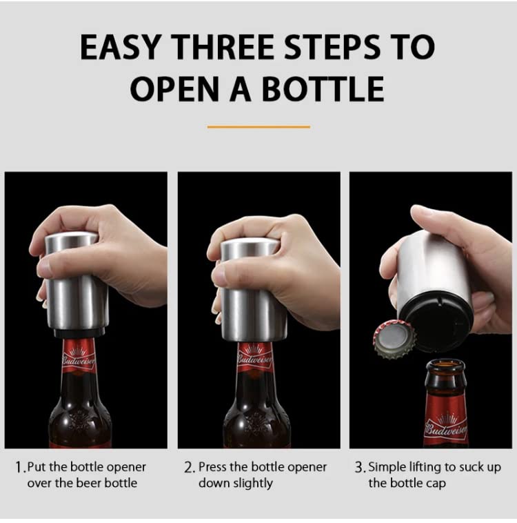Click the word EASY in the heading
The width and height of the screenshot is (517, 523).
click(x=121, y=47)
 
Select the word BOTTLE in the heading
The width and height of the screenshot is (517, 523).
click(x=323, y=88)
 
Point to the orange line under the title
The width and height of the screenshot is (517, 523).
click(x=258, y=127)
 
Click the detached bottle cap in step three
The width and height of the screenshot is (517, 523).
click(x=394, y=339)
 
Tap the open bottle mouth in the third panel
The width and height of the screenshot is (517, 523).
click(x=445, y=366)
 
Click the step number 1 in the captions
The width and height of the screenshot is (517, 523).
click(x=19, y=467)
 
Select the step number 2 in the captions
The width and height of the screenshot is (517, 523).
click(x=189, y=467)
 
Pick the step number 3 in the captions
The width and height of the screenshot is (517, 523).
click(x=359, y=467)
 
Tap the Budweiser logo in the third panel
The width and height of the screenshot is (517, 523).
click(x=447, y=428)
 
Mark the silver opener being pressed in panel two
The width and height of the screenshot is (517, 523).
click(x=254, y=290)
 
